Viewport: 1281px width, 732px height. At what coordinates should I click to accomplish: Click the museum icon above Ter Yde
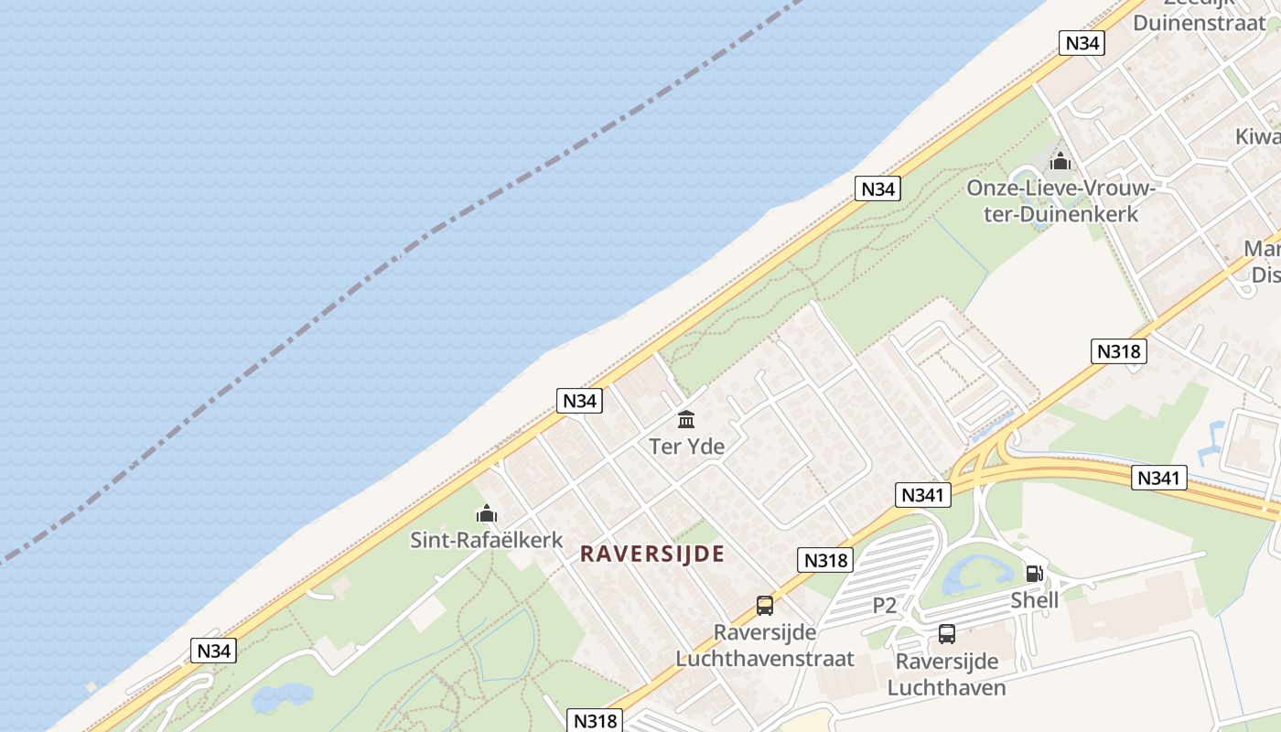[686, 420]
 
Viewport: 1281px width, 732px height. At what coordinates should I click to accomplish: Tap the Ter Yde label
[686, 447]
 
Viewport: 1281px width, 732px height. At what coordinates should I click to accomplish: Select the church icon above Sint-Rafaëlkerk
[487, 513]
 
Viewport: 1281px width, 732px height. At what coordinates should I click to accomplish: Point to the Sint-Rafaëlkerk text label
[487, 540]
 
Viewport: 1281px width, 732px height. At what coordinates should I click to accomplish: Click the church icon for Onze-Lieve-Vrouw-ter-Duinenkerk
[1060, 162]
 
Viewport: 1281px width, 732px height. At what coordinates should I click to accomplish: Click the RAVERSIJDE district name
[652, 554]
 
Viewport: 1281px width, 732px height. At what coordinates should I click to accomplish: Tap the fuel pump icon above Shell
[1034, 574]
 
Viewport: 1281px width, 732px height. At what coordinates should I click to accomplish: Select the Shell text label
[1034, 600]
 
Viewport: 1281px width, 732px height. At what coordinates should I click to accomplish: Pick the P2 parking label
[884, 605]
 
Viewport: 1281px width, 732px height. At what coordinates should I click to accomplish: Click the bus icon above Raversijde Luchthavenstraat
[765, 605]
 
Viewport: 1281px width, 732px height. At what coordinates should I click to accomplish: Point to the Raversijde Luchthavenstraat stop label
[765, 645]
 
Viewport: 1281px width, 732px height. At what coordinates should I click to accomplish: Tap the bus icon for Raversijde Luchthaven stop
[947, 633]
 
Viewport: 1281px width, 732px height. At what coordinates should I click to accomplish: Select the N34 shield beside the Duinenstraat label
[1082, 43]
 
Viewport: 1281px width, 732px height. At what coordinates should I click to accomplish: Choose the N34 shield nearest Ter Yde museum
[580, 401]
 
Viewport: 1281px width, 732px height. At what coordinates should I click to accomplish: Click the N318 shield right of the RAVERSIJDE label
[825, 560]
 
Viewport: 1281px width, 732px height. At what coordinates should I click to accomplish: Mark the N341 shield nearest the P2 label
[922, 495]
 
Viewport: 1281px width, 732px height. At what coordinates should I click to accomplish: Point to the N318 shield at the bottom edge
[595, 721]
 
